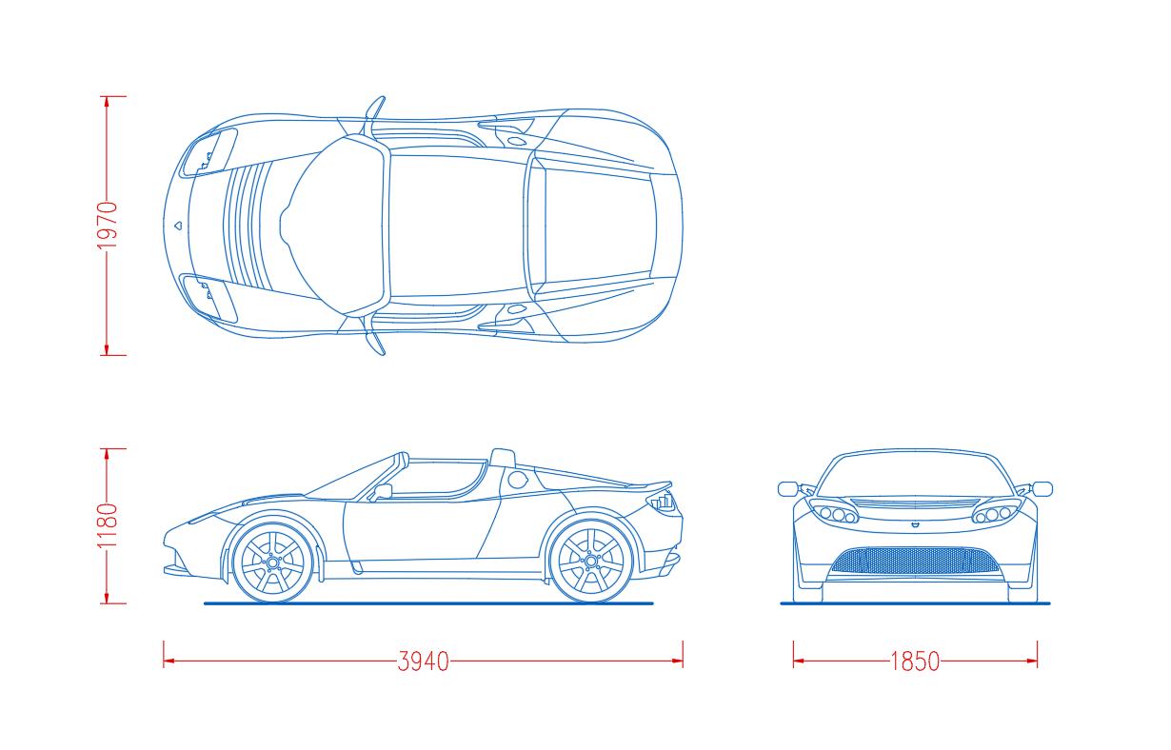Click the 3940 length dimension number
pyautogui.click(x=423, y=661)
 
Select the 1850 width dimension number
pyautogui.click(x=915, y=661)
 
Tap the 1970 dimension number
pyautogui.click(x=108, y=226)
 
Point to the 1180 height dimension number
pyautogui.click(x=108, y=525)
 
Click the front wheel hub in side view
pyautogui.click(x=272, y=562)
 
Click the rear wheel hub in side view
pyautogui.click(x=591, y=561)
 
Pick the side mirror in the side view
pyautogui.click(x=382, y=492)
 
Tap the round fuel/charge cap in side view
pyautogui.click(x=518, y=480)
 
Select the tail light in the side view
pyautogui.click(x=662, y=502)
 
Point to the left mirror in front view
pyautogui.click(x=788, y=489)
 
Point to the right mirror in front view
pyautogui.click(x=1042, y=489)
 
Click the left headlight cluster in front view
pyautogui.click(x=834, y=511)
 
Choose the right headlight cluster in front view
pyautogui.click(x=997, y=511)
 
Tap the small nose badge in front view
pyautogui.click(x=915, y=524)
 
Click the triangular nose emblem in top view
pyautogui.click(x=178, y=226)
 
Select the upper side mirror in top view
pyautogui.click(x=375, y=108)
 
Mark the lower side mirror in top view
pyautogui.click(x=375, y=344)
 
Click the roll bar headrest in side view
pyautogui.click(x=503, y=457)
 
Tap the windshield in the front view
pyautogui.click(x=915, y=474)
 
